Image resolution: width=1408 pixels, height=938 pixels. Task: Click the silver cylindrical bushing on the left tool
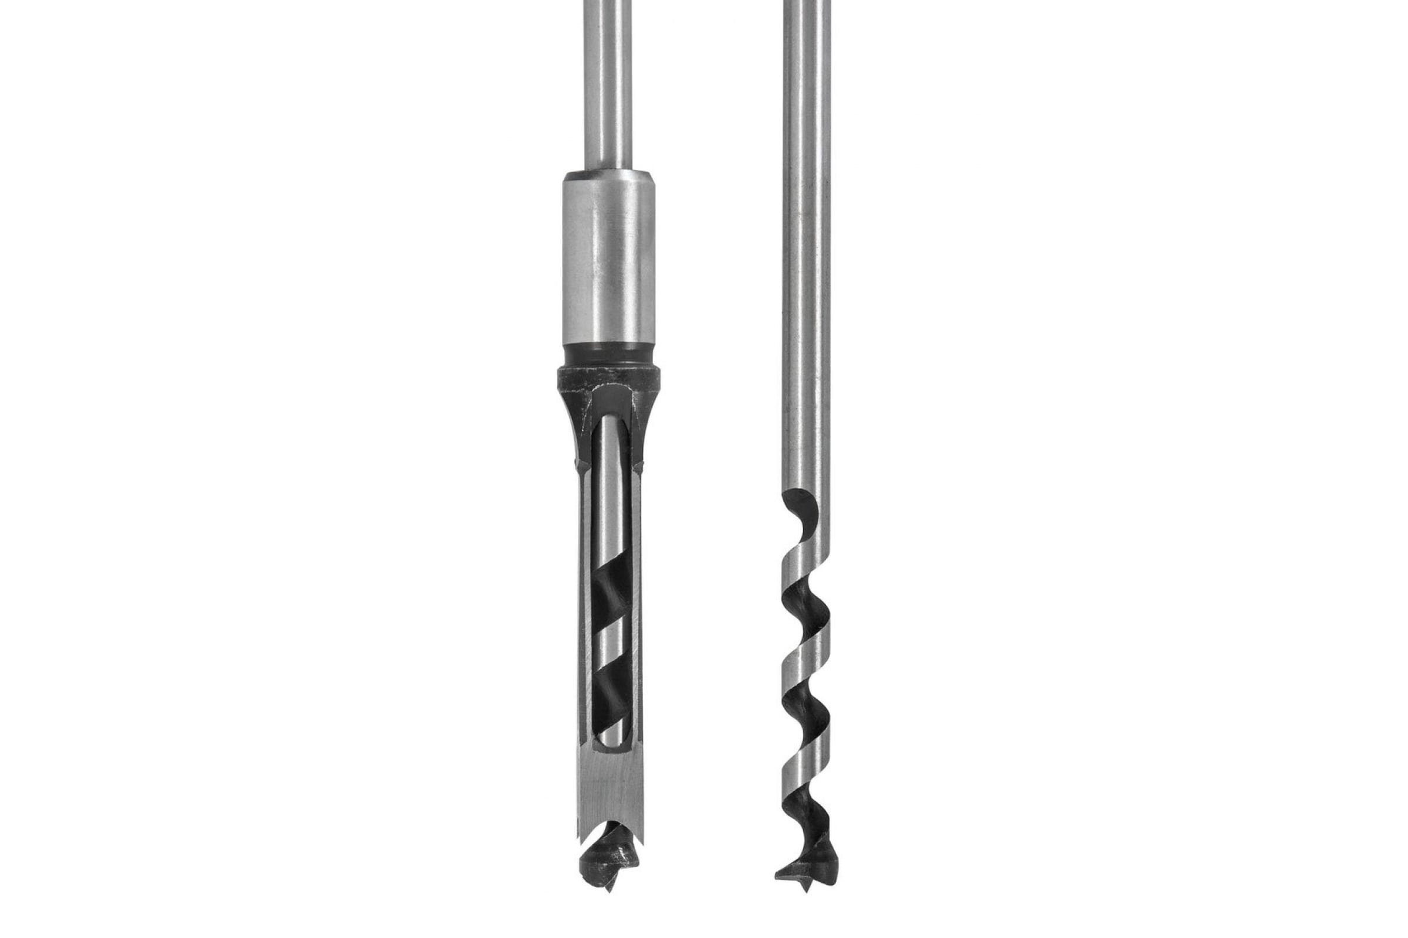tap(608, 257)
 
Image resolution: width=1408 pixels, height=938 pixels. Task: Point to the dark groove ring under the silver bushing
tap(608, 356)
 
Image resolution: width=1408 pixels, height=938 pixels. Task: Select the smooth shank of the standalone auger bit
tap(805, 239)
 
